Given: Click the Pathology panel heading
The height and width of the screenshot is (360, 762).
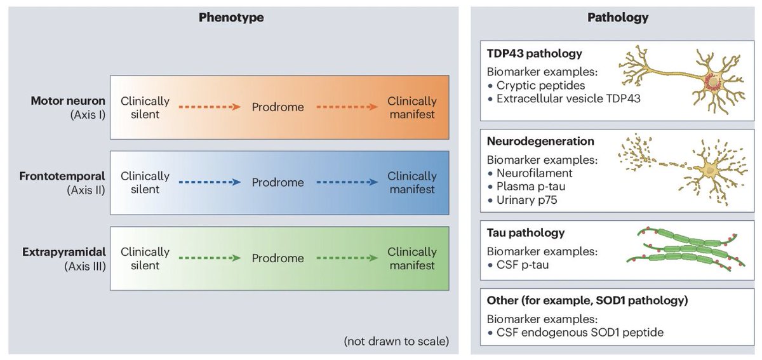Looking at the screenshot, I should (617, 18).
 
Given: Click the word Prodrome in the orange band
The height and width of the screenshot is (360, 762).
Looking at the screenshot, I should (277, 107).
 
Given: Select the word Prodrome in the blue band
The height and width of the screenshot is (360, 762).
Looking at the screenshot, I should (277, 183).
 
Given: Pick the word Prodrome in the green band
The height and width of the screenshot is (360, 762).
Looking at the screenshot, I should (277, 258).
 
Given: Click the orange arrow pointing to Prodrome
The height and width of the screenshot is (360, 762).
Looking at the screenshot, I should (210, 107).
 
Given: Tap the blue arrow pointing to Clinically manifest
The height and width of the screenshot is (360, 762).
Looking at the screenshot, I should (347, 183).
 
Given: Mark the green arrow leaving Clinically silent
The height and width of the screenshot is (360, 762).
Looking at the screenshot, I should (210, 258).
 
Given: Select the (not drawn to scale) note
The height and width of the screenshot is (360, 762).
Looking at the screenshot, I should (396, 341).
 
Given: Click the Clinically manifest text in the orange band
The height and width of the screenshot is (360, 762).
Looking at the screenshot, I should (411, 107).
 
